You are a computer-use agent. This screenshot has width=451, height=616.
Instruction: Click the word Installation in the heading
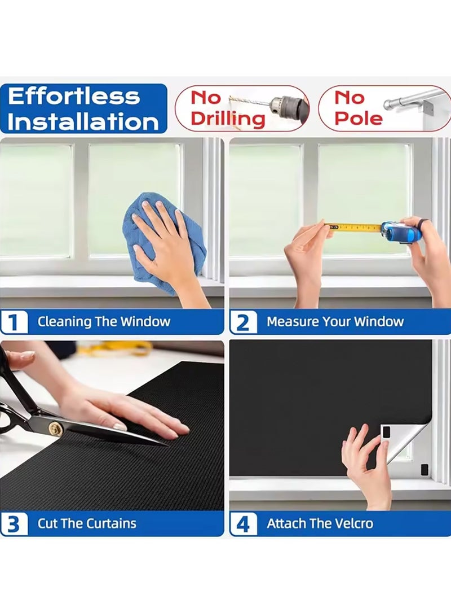tap(83, 121)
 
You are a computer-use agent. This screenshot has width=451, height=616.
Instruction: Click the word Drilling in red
tap(227, 119)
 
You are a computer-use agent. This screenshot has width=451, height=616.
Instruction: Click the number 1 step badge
tap(14, 322)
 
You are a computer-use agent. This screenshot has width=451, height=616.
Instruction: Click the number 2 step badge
tap(243, 322)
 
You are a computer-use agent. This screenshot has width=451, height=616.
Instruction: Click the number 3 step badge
tap(14, 524)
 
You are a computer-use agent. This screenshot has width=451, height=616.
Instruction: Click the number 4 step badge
tap(243, 524)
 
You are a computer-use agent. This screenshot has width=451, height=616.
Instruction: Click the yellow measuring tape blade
tap(355, 228)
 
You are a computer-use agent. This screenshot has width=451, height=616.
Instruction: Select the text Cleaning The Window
tap(104, 322)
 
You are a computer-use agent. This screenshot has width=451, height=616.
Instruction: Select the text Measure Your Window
tap(335, 322)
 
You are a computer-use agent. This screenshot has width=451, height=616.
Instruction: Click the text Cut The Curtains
tap(87, 523)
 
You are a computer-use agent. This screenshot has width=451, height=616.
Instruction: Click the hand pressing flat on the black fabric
tap(130, 409)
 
